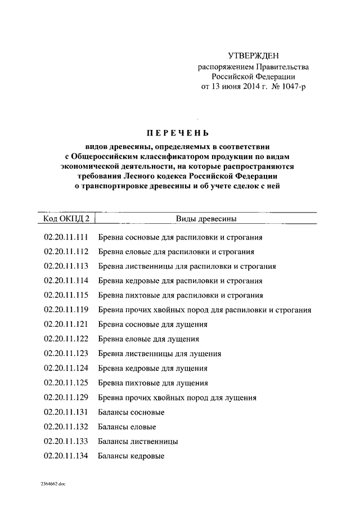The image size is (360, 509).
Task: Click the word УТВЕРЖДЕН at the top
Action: point(253,55)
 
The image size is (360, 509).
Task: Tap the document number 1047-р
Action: point(291,87)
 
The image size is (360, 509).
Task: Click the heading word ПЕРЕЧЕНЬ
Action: point(177,133)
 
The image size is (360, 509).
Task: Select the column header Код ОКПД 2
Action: point(66,218)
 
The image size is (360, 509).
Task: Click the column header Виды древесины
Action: point(206,218)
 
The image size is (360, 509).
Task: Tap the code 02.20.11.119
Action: point(66,310)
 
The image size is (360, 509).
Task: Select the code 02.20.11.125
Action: point(66,383)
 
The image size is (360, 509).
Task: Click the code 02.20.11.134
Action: point(66,456)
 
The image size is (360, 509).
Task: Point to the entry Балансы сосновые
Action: point(131,412)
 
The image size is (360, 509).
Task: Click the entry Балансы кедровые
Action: point(131,456)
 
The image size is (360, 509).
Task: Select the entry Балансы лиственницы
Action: point(138,442)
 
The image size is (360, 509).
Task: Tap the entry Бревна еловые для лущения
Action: point(148,339)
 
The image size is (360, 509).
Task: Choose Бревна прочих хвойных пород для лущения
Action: point(177,398)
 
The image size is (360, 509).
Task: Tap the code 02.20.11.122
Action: point(66,339)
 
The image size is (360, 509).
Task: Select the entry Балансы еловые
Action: point(127,427)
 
